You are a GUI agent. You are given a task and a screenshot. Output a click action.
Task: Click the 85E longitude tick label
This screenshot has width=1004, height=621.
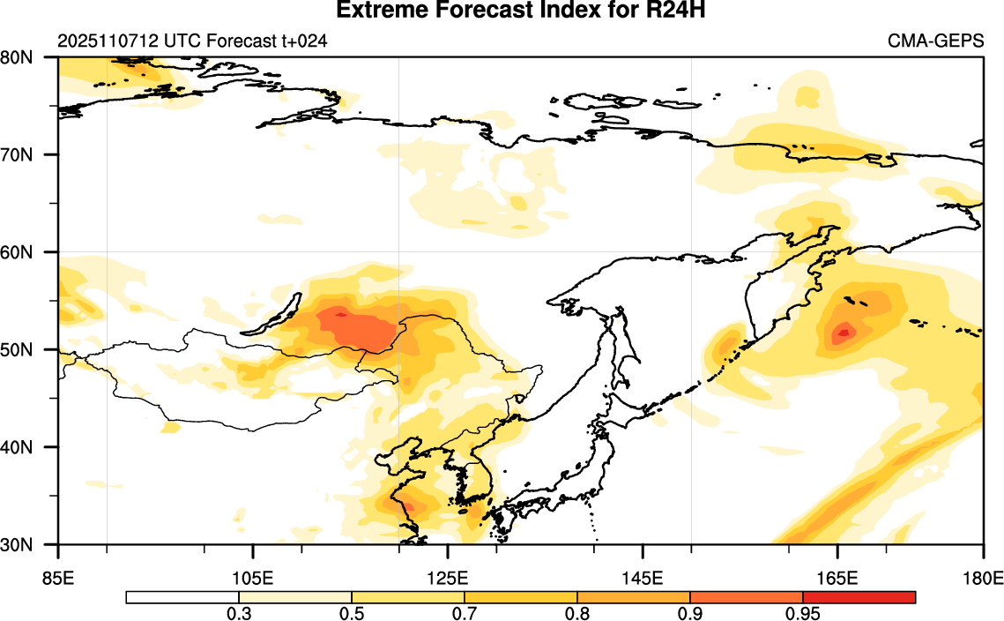(x=58, y=579)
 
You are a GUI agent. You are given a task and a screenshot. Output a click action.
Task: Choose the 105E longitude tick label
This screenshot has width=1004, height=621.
(x=253, y=579)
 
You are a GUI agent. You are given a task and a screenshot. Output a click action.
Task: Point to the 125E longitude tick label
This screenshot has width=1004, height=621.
(x=448, y=579)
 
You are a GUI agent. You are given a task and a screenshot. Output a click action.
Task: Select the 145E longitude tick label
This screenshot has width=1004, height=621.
(x=643, y=579)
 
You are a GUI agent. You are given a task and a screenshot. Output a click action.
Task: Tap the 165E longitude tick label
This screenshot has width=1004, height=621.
(x=837, y=579)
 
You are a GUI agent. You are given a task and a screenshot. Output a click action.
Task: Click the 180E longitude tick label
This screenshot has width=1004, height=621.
(x=984, y=579)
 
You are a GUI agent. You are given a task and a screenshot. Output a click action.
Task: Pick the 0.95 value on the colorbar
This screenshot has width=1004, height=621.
(x=803, y=613)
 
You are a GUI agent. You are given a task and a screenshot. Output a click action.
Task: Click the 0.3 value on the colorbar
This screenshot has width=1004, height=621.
(x=239, y=613)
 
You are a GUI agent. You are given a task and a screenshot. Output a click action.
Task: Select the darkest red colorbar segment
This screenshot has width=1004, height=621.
(x=859, y=597)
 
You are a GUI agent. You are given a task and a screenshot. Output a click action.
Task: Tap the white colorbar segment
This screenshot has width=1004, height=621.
(x=182, y=597)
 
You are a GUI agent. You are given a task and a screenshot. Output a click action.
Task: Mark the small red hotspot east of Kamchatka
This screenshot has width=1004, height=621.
(x=844, y=333)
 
